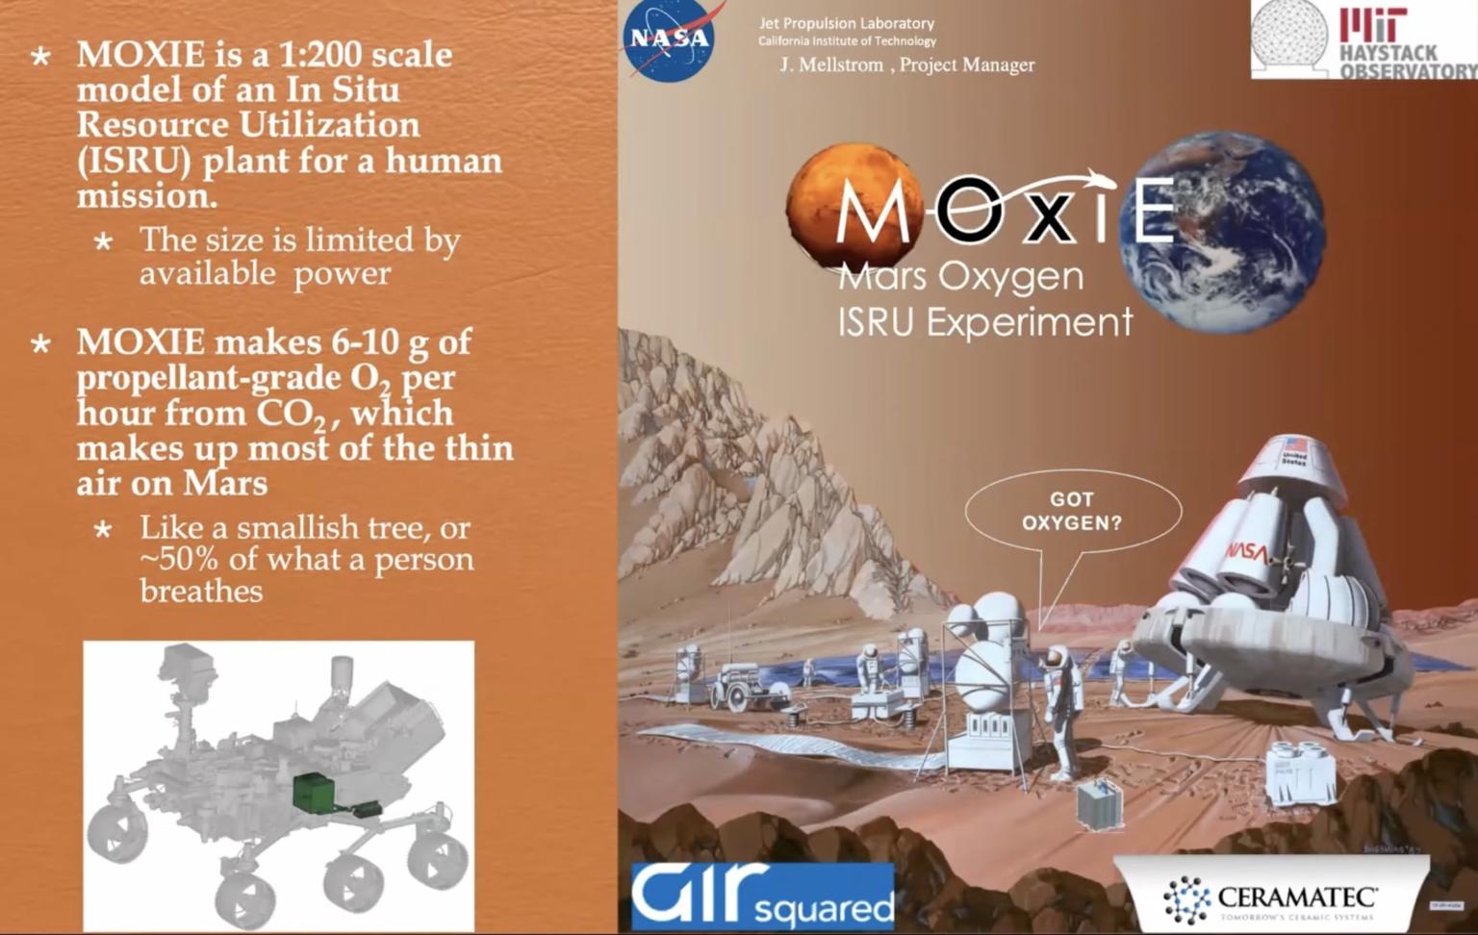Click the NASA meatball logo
(670, 39)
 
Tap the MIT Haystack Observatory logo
(1363, 39)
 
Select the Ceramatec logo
(1270, 898)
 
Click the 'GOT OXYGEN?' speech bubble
(1072, 511)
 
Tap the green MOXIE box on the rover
(314, 792)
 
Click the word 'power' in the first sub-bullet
(342, 274)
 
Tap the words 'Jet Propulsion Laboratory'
(846, 23)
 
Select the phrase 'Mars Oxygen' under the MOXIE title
(960, 277)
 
